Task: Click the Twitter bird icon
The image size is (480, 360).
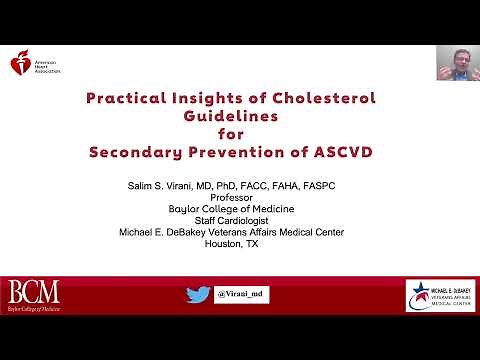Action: pos(197,295)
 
